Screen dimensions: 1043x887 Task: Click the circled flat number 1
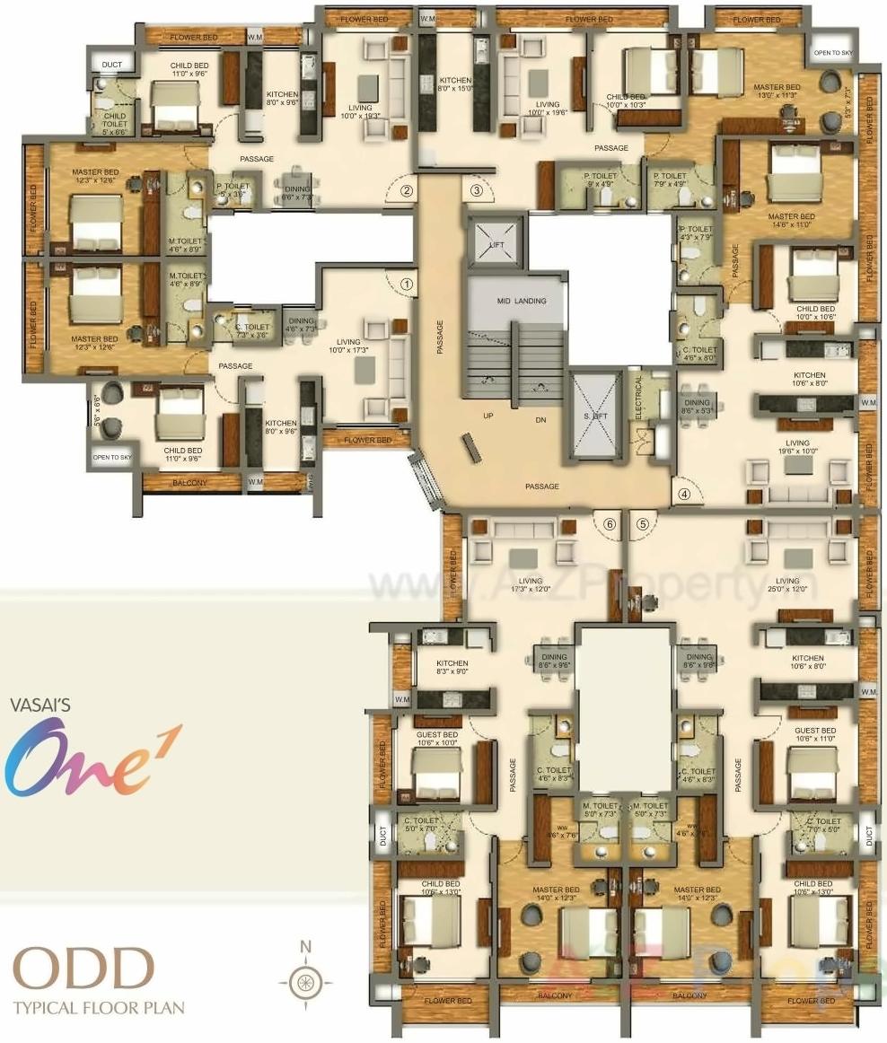pos(407,283)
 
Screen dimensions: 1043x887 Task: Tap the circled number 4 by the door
pos(685,493)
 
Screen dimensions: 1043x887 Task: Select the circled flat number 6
pos(610,524)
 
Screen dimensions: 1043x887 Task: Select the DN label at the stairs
pos(540,418)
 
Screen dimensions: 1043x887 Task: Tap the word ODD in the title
pos(83,969)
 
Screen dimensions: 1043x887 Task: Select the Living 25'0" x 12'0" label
pos(786,586)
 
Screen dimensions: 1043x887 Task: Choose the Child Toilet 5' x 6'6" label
pos(114,123)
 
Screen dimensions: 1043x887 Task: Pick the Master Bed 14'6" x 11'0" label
pos(791,222)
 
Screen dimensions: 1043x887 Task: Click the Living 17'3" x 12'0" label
pos(530,586)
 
